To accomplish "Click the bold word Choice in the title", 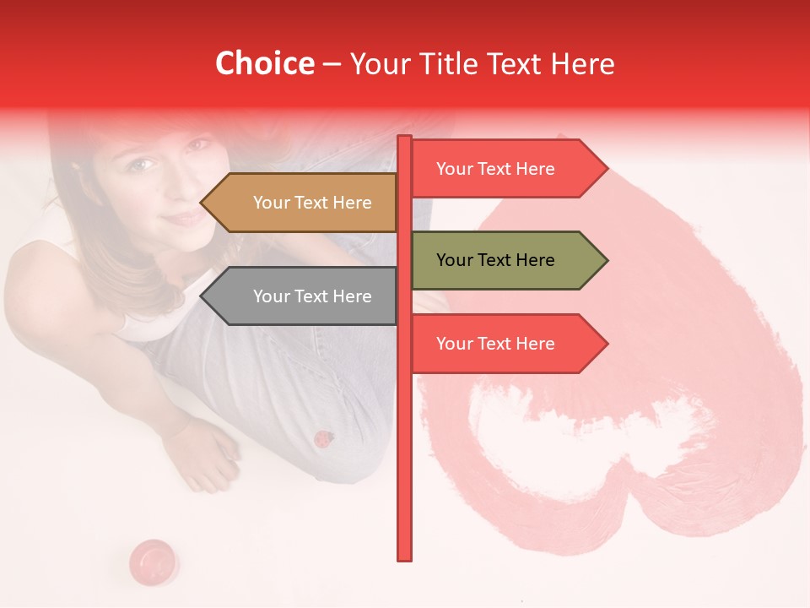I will pos(264,64).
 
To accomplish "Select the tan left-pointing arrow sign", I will pos(300,203).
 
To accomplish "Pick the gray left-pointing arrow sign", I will pos(300,296).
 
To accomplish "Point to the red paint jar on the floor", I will pos(153,561).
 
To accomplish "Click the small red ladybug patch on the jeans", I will pos(322,439).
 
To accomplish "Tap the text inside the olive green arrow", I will pos(495,260).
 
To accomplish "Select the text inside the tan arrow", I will pos(312,203).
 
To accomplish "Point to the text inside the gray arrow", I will pos(312,296).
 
